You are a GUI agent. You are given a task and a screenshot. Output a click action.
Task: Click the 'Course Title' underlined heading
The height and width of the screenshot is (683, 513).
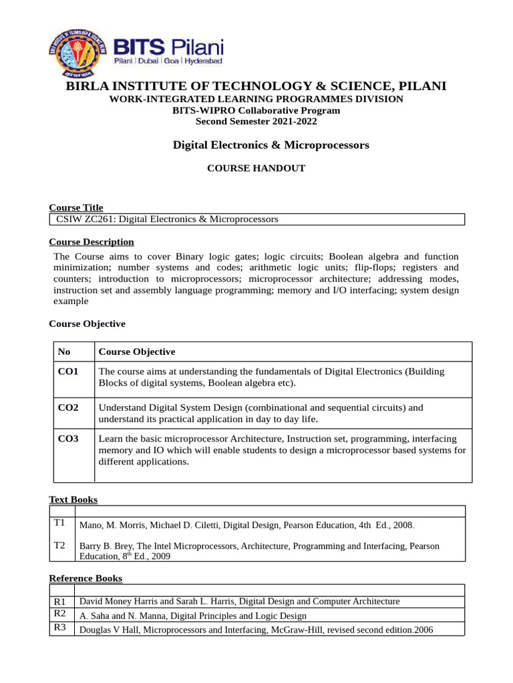(76, 208)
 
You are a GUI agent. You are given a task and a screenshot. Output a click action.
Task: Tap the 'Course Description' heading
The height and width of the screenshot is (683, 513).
(92, 241)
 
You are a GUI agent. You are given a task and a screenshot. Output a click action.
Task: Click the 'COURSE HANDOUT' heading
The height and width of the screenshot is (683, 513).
(256, 168)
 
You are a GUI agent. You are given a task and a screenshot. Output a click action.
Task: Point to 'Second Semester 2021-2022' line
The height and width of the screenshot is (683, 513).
(256, 121)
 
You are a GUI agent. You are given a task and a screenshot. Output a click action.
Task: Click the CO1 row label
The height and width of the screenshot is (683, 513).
(68, 372)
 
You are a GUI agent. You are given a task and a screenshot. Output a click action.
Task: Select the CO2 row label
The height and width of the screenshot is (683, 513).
(68, 408)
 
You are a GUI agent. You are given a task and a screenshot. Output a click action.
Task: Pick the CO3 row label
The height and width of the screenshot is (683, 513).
(68, 439)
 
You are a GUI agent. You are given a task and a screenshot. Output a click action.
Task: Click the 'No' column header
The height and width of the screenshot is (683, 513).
(64, 352)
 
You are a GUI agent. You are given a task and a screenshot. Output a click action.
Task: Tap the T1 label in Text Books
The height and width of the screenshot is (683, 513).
(59, 524)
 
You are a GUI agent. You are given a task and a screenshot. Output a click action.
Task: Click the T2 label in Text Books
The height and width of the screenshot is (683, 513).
(59, 546)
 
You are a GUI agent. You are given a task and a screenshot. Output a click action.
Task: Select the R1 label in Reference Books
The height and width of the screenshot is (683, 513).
(60, 602)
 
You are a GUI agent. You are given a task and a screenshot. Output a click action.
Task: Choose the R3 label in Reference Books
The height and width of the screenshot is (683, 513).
(60, 628)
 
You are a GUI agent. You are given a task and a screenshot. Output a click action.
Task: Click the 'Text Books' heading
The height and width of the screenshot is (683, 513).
(73, 500)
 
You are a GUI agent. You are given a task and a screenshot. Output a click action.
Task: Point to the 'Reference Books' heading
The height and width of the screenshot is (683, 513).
(85, 578)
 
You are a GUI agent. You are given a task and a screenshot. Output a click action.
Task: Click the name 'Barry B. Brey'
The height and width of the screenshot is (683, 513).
(105, 546)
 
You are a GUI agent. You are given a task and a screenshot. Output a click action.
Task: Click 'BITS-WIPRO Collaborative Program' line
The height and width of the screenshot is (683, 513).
(256, 111)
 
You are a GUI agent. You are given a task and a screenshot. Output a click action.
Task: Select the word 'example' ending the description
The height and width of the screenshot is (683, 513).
(71, 301)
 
